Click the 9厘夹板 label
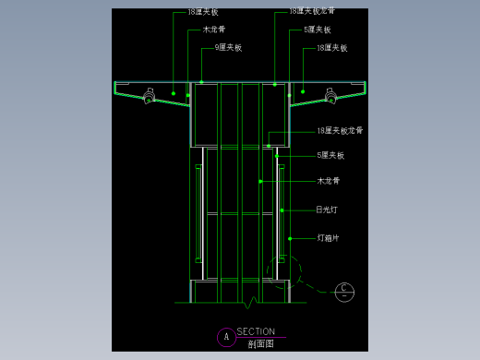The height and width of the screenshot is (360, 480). (228, 47)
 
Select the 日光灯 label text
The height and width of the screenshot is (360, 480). (326, 210)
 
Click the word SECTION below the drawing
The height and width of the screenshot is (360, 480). (256, 331)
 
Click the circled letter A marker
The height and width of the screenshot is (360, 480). (223, 337)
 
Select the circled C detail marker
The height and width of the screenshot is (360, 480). (343, 292)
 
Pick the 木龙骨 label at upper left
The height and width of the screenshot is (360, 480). (214, 30)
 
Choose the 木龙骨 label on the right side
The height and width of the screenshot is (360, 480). (329, 181)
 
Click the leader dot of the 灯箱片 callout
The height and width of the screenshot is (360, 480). (290, 239)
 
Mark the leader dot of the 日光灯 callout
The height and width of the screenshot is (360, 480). (281, 210)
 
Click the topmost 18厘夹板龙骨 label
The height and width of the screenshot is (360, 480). (312, 12)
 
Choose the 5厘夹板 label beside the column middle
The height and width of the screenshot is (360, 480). (330, 155)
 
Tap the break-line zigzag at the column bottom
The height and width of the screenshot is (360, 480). (247, 300)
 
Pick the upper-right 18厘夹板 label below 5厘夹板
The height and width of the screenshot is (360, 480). (331, 47)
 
